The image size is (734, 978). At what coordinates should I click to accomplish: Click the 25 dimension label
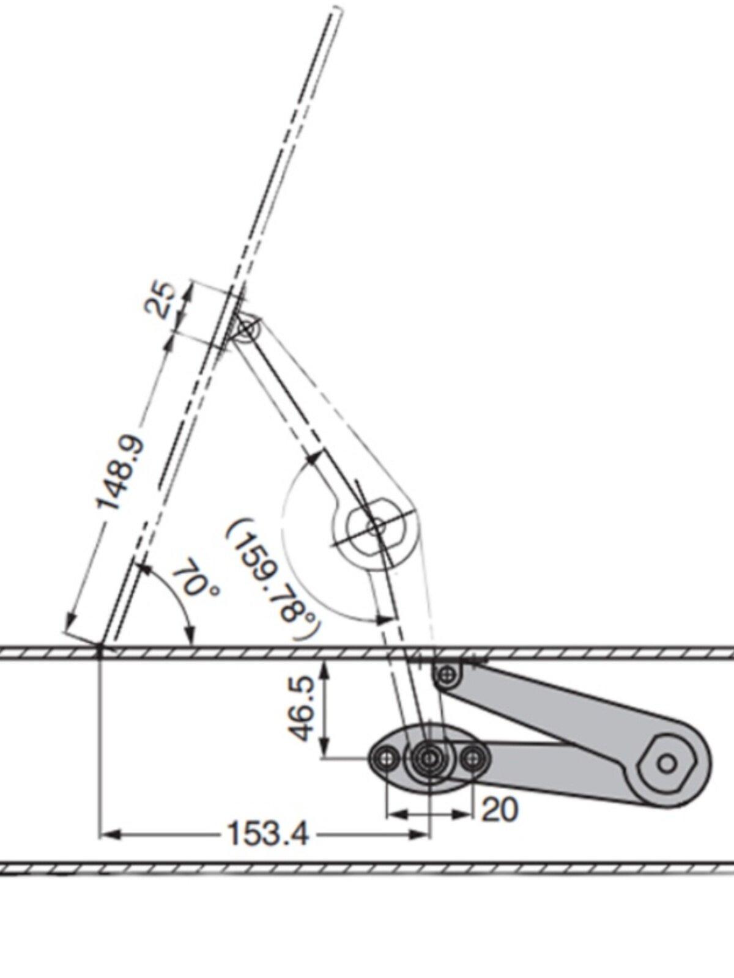point(159,300)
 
